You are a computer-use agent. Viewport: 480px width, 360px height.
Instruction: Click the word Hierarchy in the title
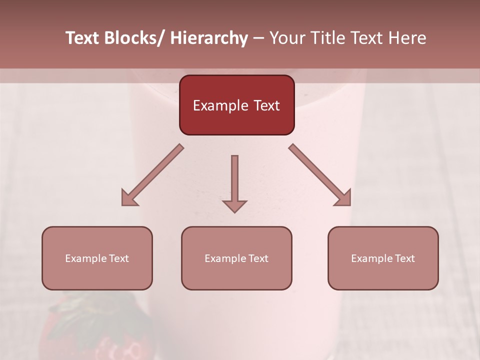(x=209, y=38)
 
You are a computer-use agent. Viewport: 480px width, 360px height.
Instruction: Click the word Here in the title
(x=407, y=38)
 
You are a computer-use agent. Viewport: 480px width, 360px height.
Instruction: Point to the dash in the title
(x=258, y=38)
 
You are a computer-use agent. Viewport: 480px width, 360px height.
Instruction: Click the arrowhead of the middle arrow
(x=234, y=206)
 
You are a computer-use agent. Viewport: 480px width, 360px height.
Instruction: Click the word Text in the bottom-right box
(x=405, y=258)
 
